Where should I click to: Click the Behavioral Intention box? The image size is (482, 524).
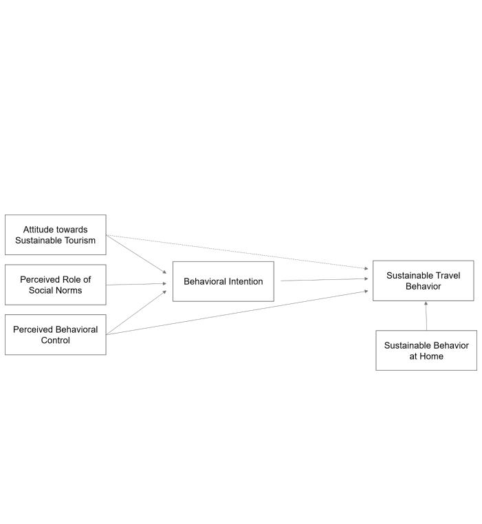tap(223, 281)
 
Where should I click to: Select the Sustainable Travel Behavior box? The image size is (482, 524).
tap(423, 281)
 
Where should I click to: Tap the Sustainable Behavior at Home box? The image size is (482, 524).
tap(426, 350)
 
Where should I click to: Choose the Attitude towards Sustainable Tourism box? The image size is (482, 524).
tap(56, 235)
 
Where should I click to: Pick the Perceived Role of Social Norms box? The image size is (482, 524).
tap(56, 285)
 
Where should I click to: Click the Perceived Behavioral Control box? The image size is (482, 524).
tap(56, 334)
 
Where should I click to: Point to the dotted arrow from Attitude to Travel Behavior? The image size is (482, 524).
tap(237, 252)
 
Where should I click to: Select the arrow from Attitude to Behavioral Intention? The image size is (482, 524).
tap(136, 254)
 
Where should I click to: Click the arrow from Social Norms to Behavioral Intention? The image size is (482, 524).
tap(136, 284)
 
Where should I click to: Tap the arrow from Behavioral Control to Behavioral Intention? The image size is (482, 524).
tap(136, 312)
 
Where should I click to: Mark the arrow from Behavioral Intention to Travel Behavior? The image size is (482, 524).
tap(325, 280)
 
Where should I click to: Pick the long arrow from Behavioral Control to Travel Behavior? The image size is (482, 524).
tap(237, 313)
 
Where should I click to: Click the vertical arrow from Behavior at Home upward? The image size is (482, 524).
tap(426, 316)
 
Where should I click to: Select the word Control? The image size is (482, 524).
tap(56, 340)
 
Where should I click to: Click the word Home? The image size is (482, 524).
tap(431, 356)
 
